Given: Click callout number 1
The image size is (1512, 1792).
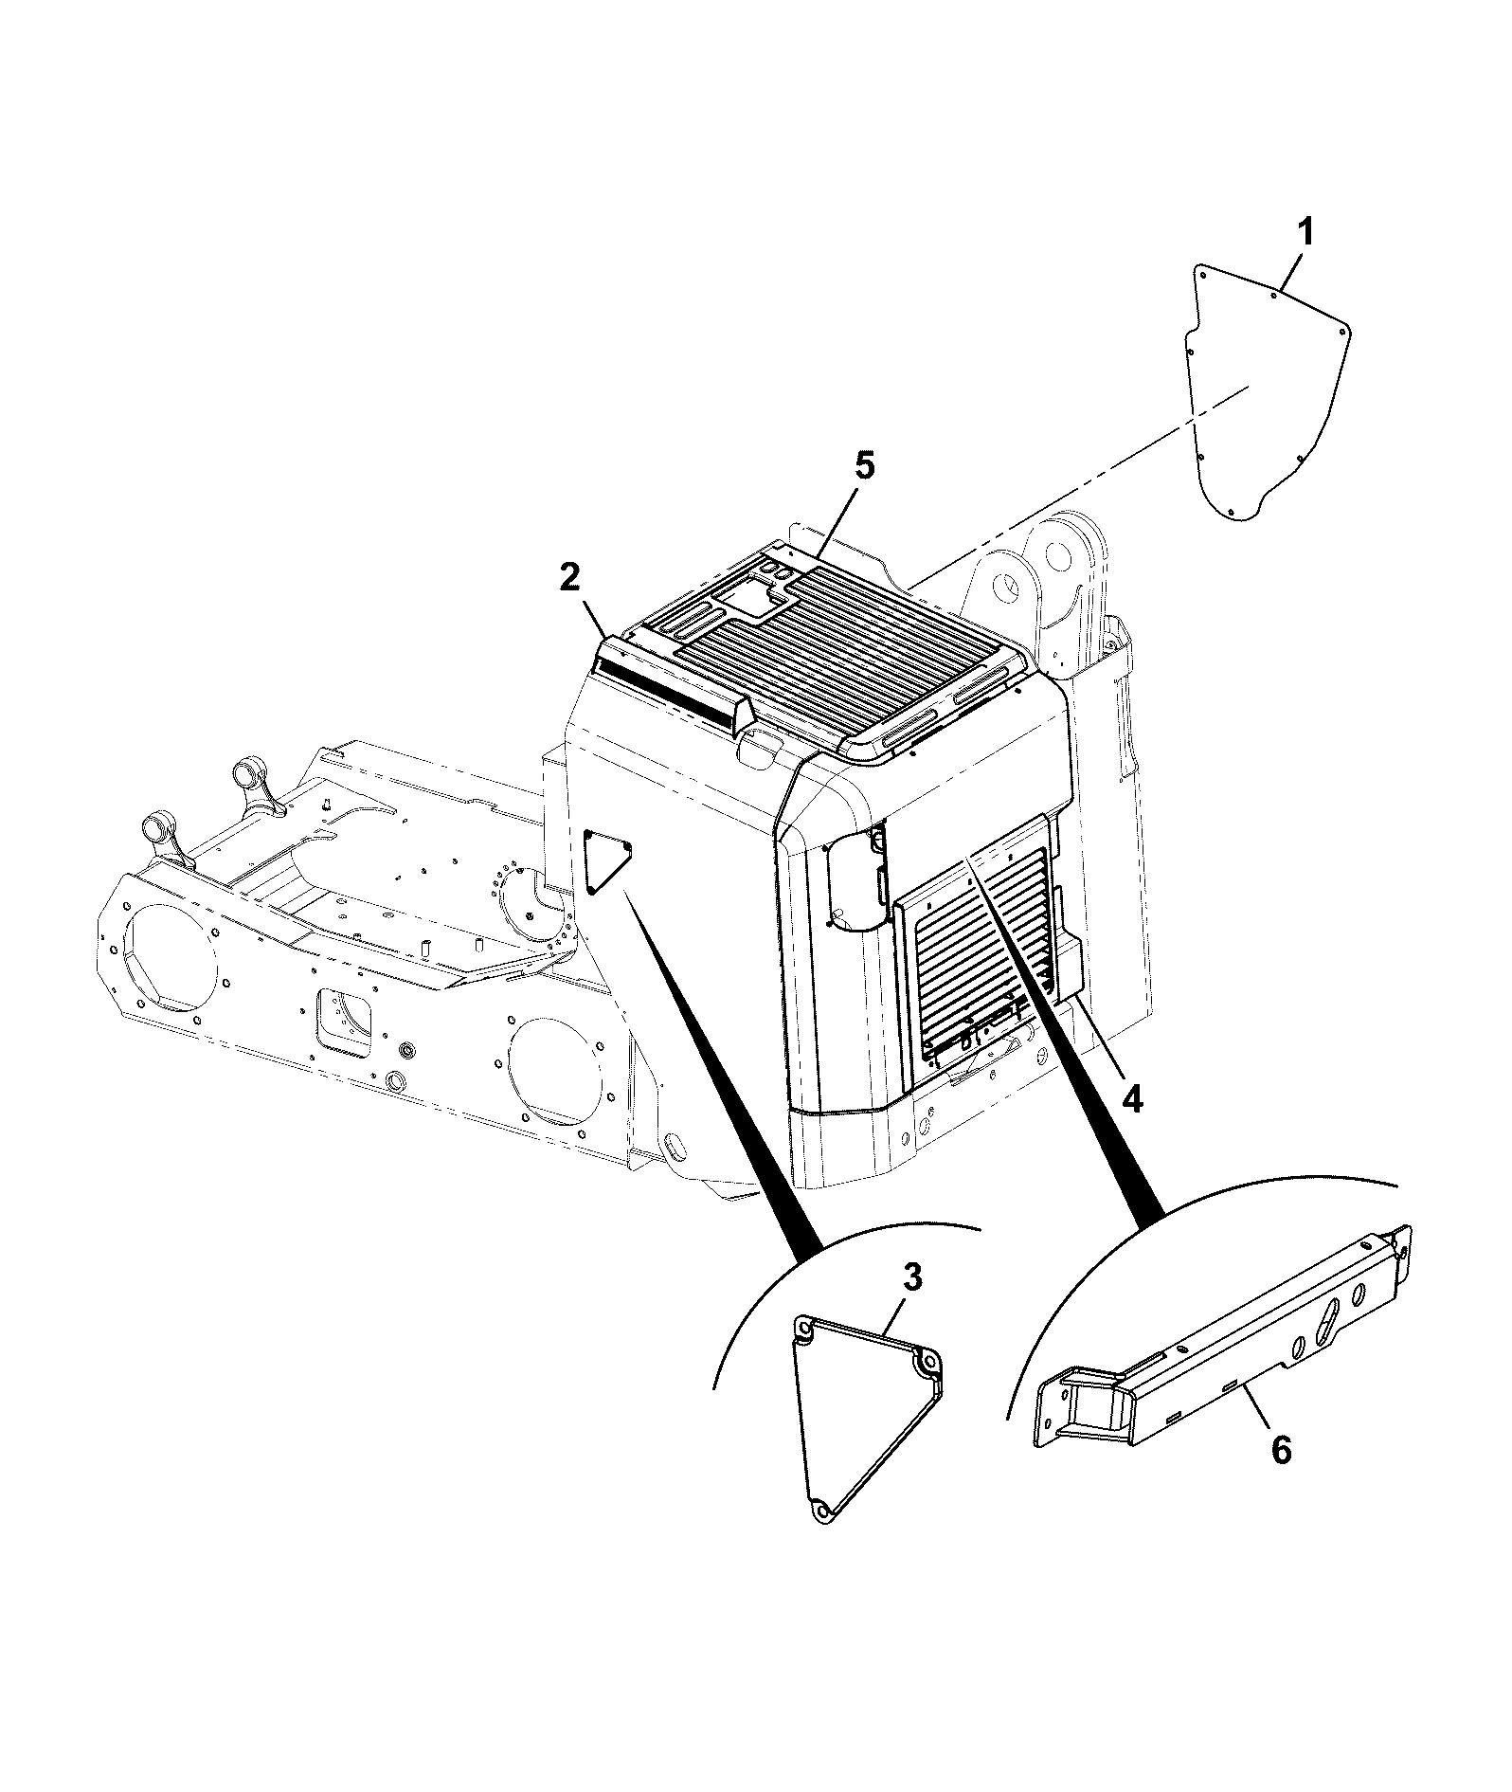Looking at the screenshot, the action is click(1305, 232).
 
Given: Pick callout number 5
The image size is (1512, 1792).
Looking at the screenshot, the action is click(865, 466).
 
